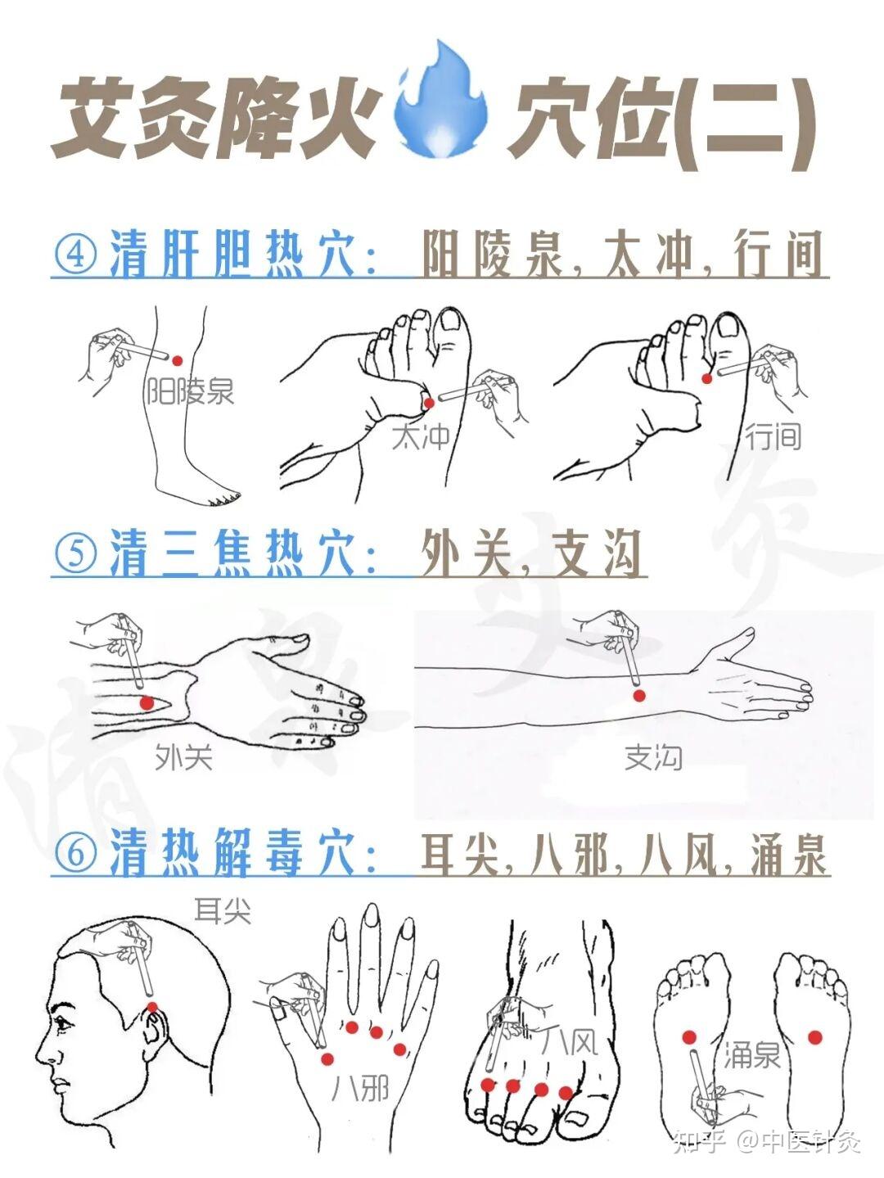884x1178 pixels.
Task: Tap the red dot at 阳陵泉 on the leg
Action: click(178, 360)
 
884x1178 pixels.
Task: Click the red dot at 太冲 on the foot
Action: click(428, 402)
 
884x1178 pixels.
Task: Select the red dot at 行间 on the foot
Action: click(707, 377)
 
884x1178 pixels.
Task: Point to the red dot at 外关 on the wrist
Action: click(147, 702)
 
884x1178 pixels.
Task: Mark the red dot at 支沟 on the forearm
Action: click(639, 695)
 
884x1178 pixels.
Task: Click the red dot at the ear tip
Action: click(152, 1007)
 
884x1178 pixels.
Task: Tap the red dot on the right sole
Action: click(814, 1037)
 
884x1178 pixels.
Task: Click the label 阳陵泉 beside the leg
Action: click(190, 391)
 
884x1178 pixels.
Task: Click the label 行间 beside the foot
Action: click(773, 436)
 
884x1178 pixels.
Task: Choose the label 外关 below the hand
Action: click(183, 757)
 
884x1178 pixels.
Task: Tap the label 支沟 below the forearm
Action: click(653, 757)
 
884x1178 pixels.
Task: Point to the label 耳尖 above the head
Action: click(222, 911)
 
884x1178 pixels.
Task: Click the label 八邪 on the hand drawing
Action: click(360, 1088)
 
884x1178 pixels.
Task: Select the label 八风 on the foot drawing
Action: click(571, 1041)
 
